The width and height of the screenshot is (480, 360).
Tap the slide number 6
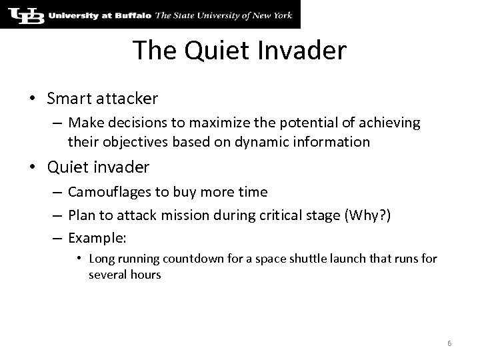[449, 343]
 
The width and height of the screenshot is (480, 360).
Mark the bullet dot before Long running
[79, 259]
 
